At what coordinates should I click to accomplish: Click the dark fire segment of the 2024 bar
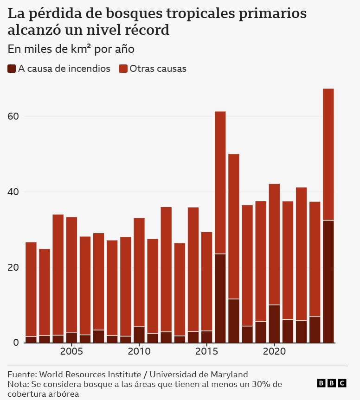point(328,281)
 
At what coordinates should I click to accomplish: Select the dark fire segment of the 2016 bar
point(220,298)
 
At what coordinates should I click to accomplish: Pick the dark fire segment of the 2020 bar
point(274,324)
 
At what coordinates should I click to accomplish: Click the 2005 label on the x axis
point(71,351)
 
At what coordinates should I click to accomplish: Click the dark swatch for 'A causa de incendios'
point(12,69)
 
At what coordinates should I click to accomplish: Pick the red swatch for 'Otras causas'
point(123,69)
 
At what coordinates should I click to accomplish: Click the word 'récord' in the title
point(149,31)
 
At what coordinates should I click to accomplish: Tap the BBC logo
point(331,383)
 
